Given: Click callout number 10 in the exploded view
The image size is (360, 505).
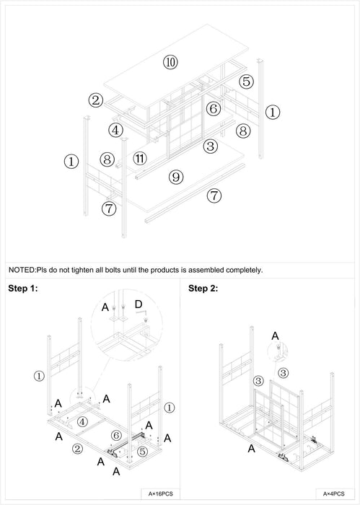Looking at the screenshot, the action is (x=170, y=62).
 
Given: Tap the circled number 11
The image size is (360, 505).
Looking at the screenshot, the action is (x=140, y=159).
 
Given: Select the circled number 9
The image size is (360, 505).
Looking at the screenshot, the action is (x=176, y=177).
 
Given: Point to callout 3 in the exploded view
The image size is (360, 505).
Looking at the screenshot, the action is (x=210, y=146).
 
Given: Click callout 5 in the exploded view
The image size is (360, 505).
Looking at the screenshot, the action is (x=246, y=82).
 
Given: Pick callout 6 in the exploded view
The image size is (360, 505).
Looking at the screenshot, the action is (x=213, y=109).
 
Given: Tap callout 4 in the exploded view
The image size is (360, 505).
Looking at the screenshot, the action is (x=115, y=131).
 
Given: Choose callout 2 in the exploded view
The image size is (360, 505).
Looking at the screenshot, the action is (x=96, y=100).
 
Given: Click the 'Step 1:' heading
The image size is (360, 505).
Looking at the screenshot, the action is (x=23, y=289).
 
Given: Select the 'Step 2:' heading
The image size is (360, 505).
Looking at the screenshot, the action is (x=203, y=289).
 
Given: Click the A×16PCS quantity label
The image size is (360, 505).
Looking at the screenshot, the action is (x=160, y=493).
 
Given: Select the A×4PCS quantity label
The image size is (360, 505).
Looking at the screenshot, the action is (x=334, y=493).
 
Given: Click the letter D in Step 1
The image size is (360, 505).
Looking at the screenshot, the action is (x=138, y=304).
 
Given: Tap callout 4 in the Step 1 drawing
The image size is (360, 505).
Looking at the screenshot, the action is (x=82, y=421).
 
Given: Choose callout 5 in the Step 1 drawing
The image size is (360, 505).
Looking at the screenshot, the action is (x=142, y=452).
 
